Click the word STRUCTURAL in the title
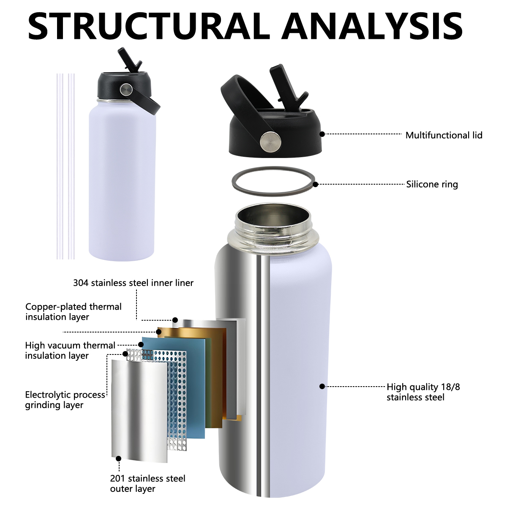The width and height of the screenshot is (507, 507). (x=149, y=26)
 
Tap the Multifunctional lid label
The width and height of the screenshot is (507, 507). (x=444, y=135)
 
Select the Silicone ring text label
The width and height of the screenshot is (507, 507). (x=432, y=184)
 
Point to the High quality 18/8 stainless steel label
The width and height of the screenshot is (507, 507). (x=423, y=392)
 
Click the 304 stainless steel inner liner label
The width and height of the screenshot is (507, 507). (x=133, y=283)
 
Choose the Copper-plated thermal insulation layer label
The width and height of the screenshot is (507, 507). (x=73, y=312)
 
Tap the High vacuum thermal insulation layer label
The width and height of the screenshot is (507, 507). (x=70, y=351)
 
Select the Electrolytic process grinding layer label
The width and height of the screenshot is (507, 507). (x=65, y=400)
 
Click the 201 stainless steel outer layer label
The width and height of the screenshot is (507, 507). (x=147, y=483)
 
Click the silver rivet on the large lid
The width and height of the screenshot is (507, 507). (x=270, y=142)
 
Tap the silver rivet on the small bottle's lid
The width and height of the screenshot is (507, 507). (x=126, y=89)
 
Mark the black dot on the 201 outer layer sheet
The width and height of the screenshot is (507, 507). (x=119, y=458)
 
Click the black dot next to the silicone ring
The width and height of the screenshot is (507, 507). (x=315, y=184)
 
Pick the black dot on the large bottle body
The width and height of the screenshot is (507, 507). (x=322, y=386)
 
